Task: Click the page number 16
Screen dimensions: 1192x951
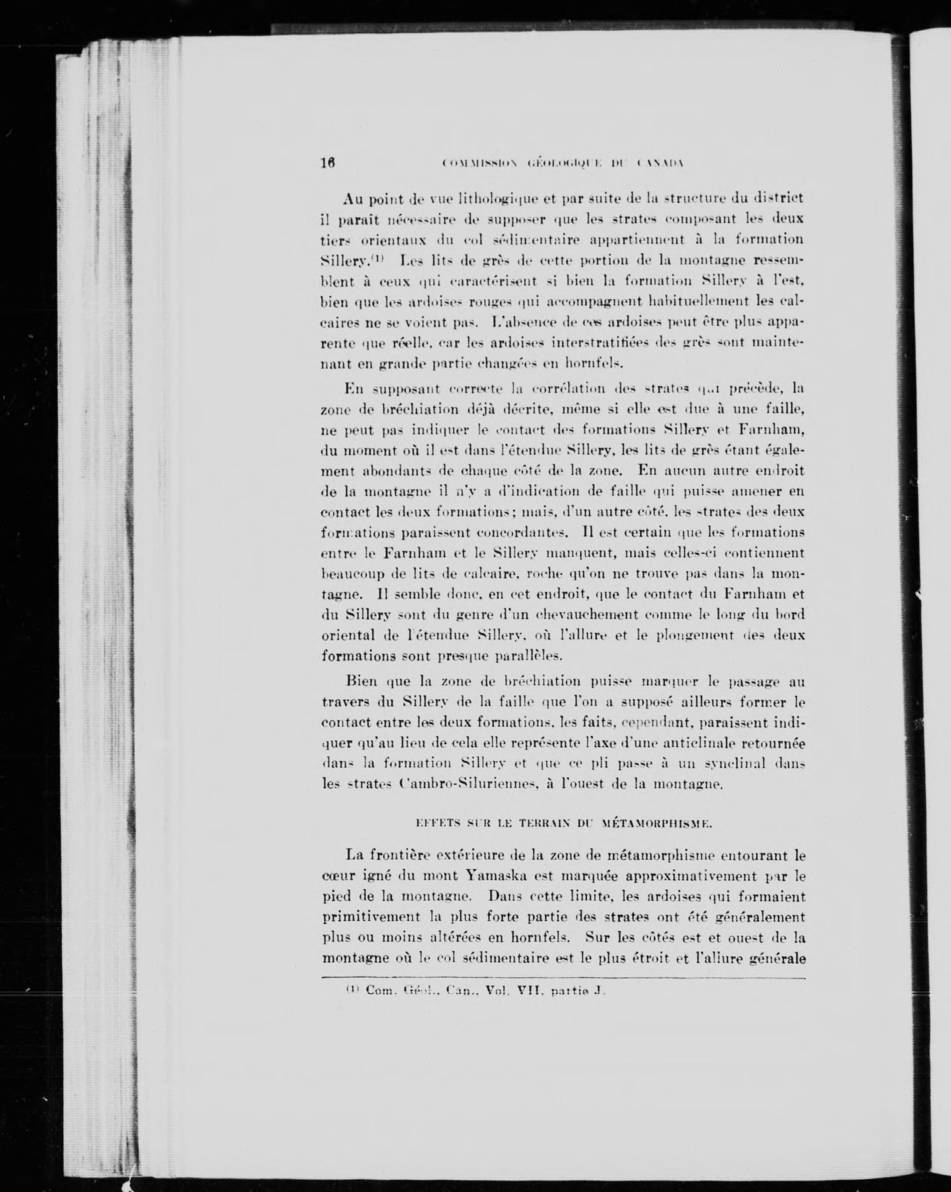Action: point(328,163)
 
